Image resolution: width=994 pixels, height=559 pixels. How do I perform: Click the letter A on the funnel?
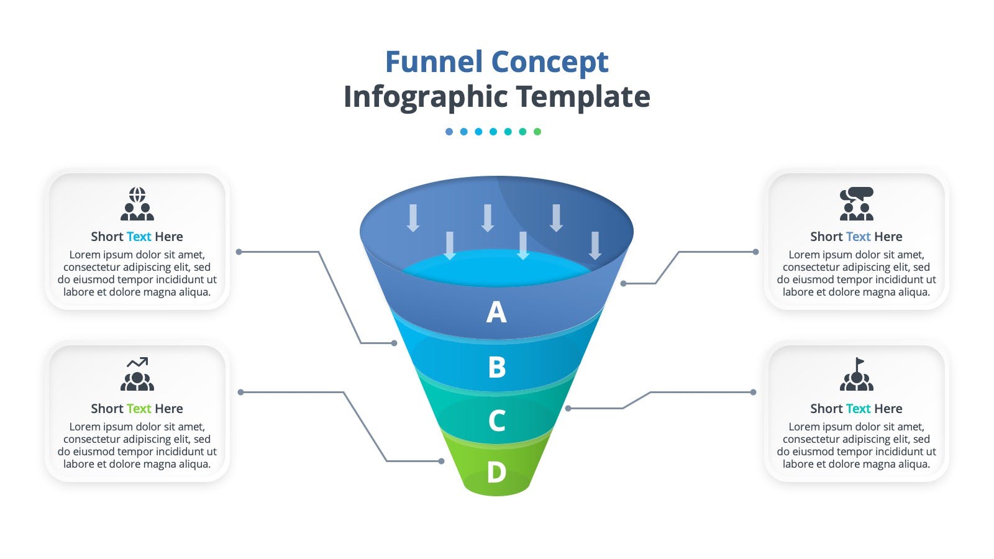pos(496,312)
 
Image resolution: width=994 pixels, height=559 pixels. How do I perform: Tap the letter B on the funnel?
pos(497,367)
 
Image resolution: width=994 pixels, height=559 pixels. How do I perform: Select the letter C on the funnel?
pos(497,420)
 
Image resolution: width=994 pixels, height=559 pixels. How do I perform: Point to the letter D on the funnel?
pos(496,471)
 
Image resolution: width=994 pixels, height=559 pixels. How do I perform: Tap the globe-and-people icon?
pos(137,204)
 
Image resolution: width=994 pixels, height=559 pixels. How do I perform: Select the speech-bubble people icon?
pos(857,204)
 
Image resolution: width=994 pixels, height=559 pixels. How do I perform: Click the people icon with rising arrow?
pos(137,374)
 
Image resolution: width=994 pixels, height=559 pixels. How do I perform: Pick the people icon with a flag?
pos(857,374)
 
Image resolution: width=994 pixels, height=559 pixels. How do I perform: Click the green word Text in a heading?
pos(139,408)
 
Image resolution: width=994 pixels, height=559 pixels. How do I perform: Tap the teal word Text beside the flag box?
pos(858,408)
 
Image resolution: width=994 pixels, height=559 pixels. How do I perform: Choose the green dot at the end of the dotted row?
pos(537,131)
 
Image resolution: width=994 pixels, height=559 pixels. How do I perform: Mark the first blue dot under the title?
pos(449,131)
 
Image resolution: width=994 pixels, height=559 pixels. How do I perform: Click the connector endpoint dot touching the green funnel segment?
pos(441,461)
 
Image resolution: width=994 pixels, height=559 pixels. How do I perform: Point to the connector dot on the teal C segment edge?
pos(568,408)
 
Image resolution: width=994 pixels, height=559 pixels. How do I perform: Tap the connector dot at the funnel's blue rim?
pos(624,283)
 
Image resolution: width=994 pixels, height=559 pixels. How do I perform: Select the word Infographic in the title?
pos(426,97)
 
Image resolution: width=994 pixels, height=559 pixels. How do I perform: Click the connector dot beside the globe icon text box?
pos(239,252)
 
